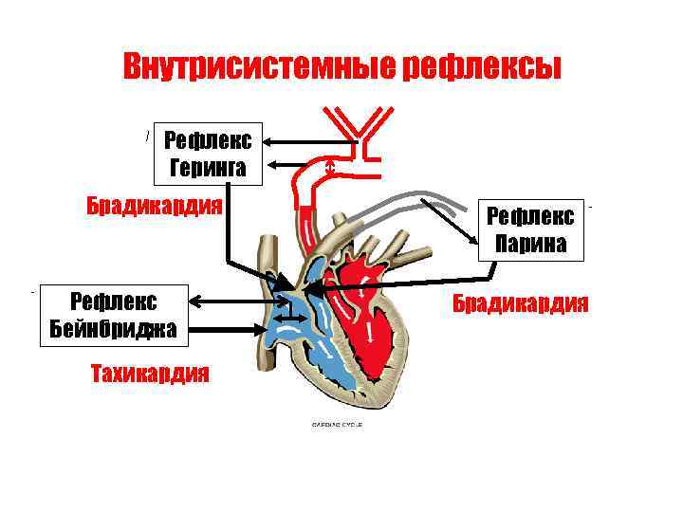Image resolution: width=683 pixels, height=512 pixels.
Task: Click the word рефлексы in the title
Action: (482, 66)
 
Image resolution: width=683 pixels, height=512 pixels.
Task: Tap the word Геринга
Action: (208, 169)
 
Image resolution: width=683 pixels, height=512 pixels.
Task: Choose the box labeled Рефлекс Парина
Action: (530, 230)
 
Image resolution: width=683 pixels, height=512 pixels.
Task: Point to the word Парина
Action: (530, 245)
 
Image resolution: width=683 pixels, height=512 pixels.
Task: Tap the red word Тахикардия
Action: (149, 372)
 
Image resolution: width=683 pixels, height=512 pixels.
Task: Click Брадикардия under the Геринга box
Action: (154, 205)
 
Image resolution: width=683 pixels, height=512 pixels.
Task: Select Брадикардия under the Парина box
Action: (519, 303)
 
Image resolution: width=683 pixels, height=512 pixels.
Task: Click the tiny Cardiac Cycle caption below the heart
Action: (337, 424)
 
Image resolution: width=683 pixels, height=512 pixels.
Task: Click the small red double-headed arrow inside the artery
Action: (329, 168)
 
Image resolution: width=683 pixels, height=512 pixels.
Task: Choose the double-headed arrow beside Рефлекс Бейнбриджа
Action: (232, 302)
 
